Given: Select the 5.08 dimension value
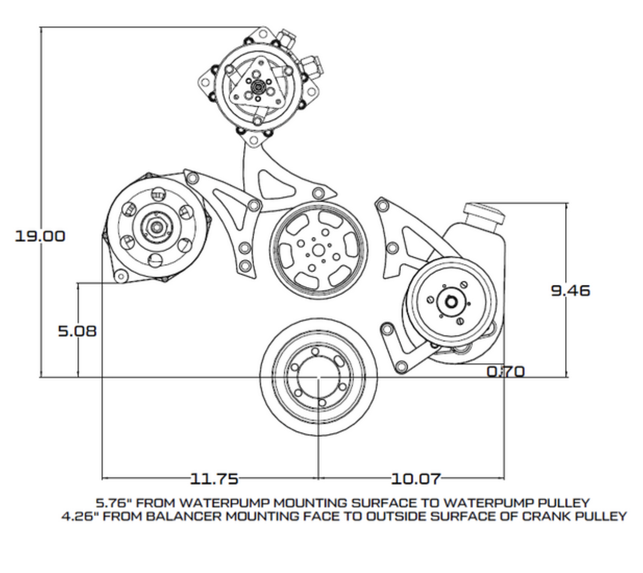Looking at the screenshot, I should click(x=77, y=331).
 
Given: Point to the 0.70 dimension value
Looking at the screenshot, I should click(x=506, y=371).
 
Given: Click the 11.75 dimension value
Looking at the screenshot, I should click(x=213, y=479).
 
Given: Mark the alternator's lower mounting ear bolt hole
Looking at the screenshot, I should click(x=119, y=276).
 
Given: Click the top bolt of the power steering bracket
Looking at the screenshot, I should click(x=381, y=204).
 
